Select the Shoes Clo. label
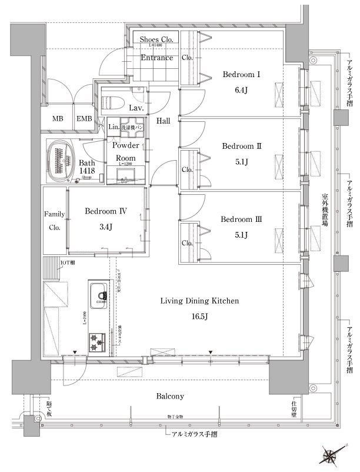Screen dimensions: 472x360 (x=155, y=39)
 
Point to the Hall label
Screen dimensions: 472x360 (x=164, y=121)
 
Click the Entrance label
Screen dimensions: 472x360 (x=156, y=58)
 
